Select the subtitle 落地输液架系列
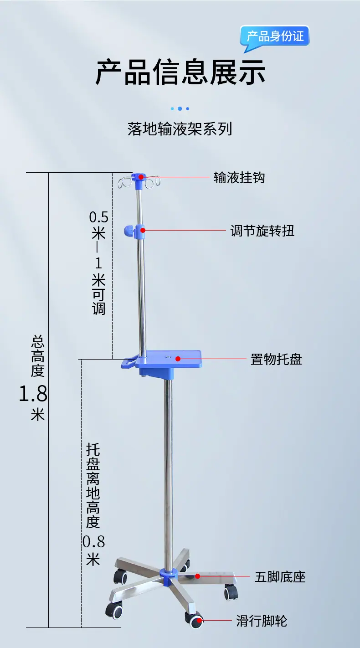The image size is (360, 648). click(180, 129)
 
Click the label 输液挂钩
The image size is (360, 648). click(239, 177)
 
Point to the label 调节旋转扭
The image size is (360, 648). click(262, 231)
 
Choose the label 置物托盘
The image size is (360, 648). click(276, 360)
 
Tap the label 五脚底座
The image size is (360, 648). click(280, 576)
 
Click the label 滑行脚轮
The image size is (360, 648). click(262, 621)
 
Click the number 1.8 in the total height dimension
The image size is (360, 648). click(33, 393)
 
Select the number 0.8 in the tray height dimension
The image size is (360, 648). click(93, 541)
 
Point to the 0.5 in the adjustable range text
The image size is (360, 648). click(98, 217)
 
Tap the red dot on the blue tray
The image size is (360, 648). click(178, 359)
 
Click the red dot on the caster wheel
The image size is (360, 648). click(199, 620)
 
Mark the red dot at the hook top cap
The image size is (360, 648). click(141, 177)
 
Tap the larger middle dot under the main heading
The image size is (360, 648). click(180, 109)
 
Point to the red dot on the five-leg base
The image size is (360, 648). click(198, 576)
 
